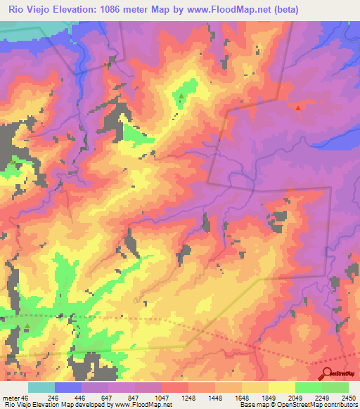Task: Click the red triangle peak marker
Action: (x=298, y=108)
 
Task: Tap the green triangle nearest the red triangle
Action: (x=182, y=97)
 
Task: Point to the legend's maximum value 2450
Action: (x=348, y=397)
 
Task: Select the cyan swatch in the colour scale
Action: (x=41, y=387)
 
